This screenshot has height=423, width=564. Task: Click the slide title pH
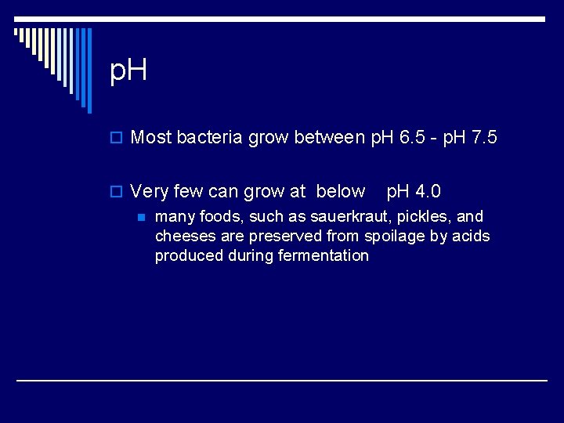coord(129,72)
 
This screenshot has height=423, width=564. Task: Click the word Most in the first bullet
coord(151,139)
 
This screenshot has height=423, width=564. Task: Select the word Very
coord(149,191)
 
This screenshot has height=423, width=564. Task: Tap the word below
coord(340,191)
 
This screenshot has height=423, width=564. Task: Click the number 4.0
coord(426,191)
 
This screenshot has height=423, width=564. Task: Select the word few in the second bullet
coord(188,191)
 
